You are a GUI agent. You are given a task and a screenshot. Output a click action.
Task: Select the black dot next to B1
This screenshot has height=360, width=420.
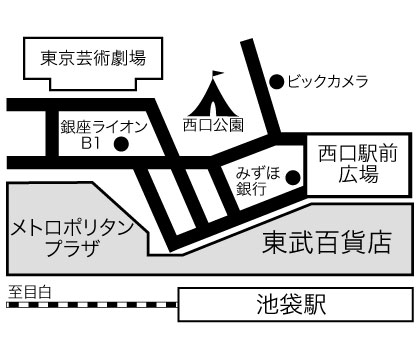tap(121, 145)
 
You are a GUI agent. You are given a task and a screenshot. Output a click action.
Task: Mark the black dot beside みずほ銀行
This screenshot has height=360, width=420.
tap(292, 178)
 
